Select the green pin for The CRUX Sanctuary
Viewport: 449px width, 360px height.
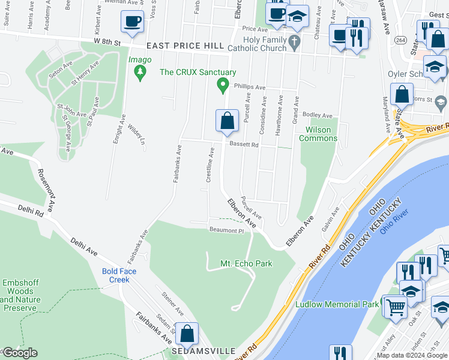(223, 86)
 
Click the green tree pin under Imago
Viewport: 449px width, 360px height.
(140, 73)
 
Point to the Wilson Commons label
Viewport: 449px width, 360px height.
(321, 134)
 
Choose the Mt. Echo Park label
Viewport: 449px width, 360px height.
(246, 263)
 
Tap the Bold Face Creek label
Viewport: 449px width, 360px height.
(119, 275)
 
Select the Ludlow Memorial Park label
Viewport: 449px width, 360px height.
(337, 304)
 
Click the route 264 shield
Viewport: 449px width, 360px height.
(399, 40)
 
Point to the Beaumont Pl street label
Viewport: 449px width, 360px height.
(226, 230)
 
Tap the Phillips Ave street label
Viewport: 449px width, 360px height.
(249, 87)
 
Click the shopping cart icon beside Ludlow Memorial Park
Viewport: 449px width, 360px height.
(394, 307)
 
